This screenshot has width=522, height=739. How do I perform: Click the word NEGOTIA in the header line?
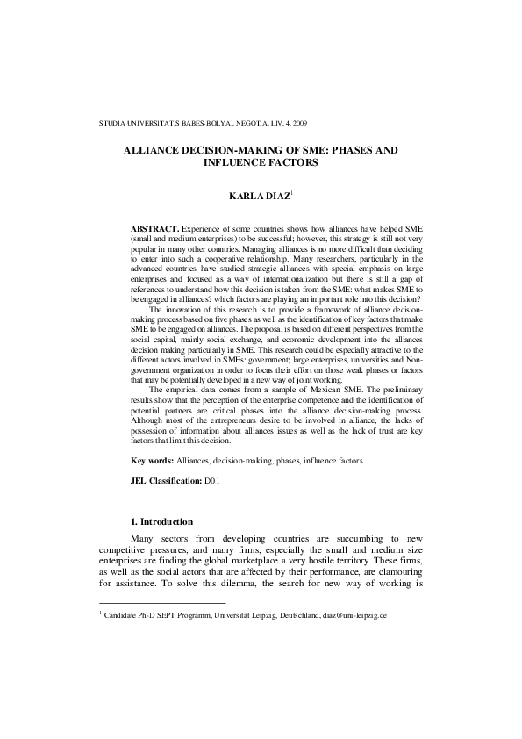(x=245, y=122)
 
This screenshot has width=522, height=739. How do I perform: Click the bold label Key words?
(x=152, y=461)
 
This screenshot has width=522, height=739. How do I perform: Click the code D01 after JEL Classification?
(x=211, y=482)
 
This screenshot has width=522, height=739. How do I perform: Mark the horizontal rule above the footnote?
(x=161, y=603)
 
